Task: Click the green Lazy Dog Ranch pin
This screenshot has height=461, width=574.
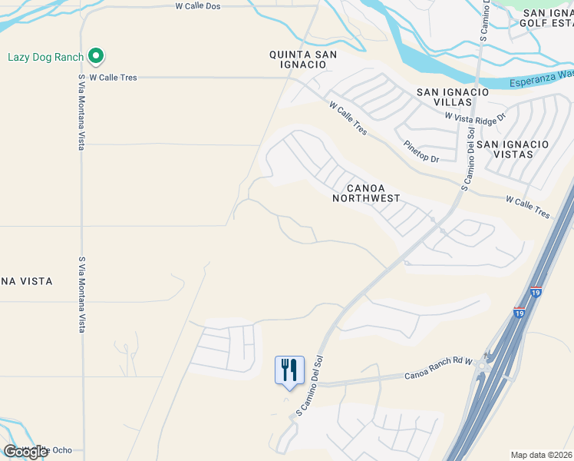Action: (x=96, y=56)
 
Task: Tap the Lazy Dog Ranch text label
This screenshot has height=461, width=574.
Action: (x=45, y=57)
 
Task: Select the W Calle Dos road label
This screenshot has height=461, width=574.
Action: (x=198, y=5)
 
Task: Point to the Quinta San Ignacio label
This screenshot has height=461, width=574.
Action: (x=298, y=59)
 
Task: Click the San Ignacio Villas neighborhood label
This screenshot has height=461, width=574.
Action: (x=453, y=97)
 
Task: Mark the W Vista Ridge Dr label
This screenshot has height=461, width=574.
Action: (x=476, y=116)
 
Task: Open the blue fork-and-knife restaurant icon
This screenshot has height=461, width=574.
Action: (x=289, y=370)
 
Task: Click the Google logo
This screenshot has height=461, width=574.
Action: (x=25, y=451)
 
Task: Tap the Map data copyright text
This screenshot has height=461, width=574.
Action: (x=542, y=455)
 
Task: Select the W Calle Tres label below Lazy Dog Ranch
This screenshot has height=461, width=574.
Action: (x=113, y=78)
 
